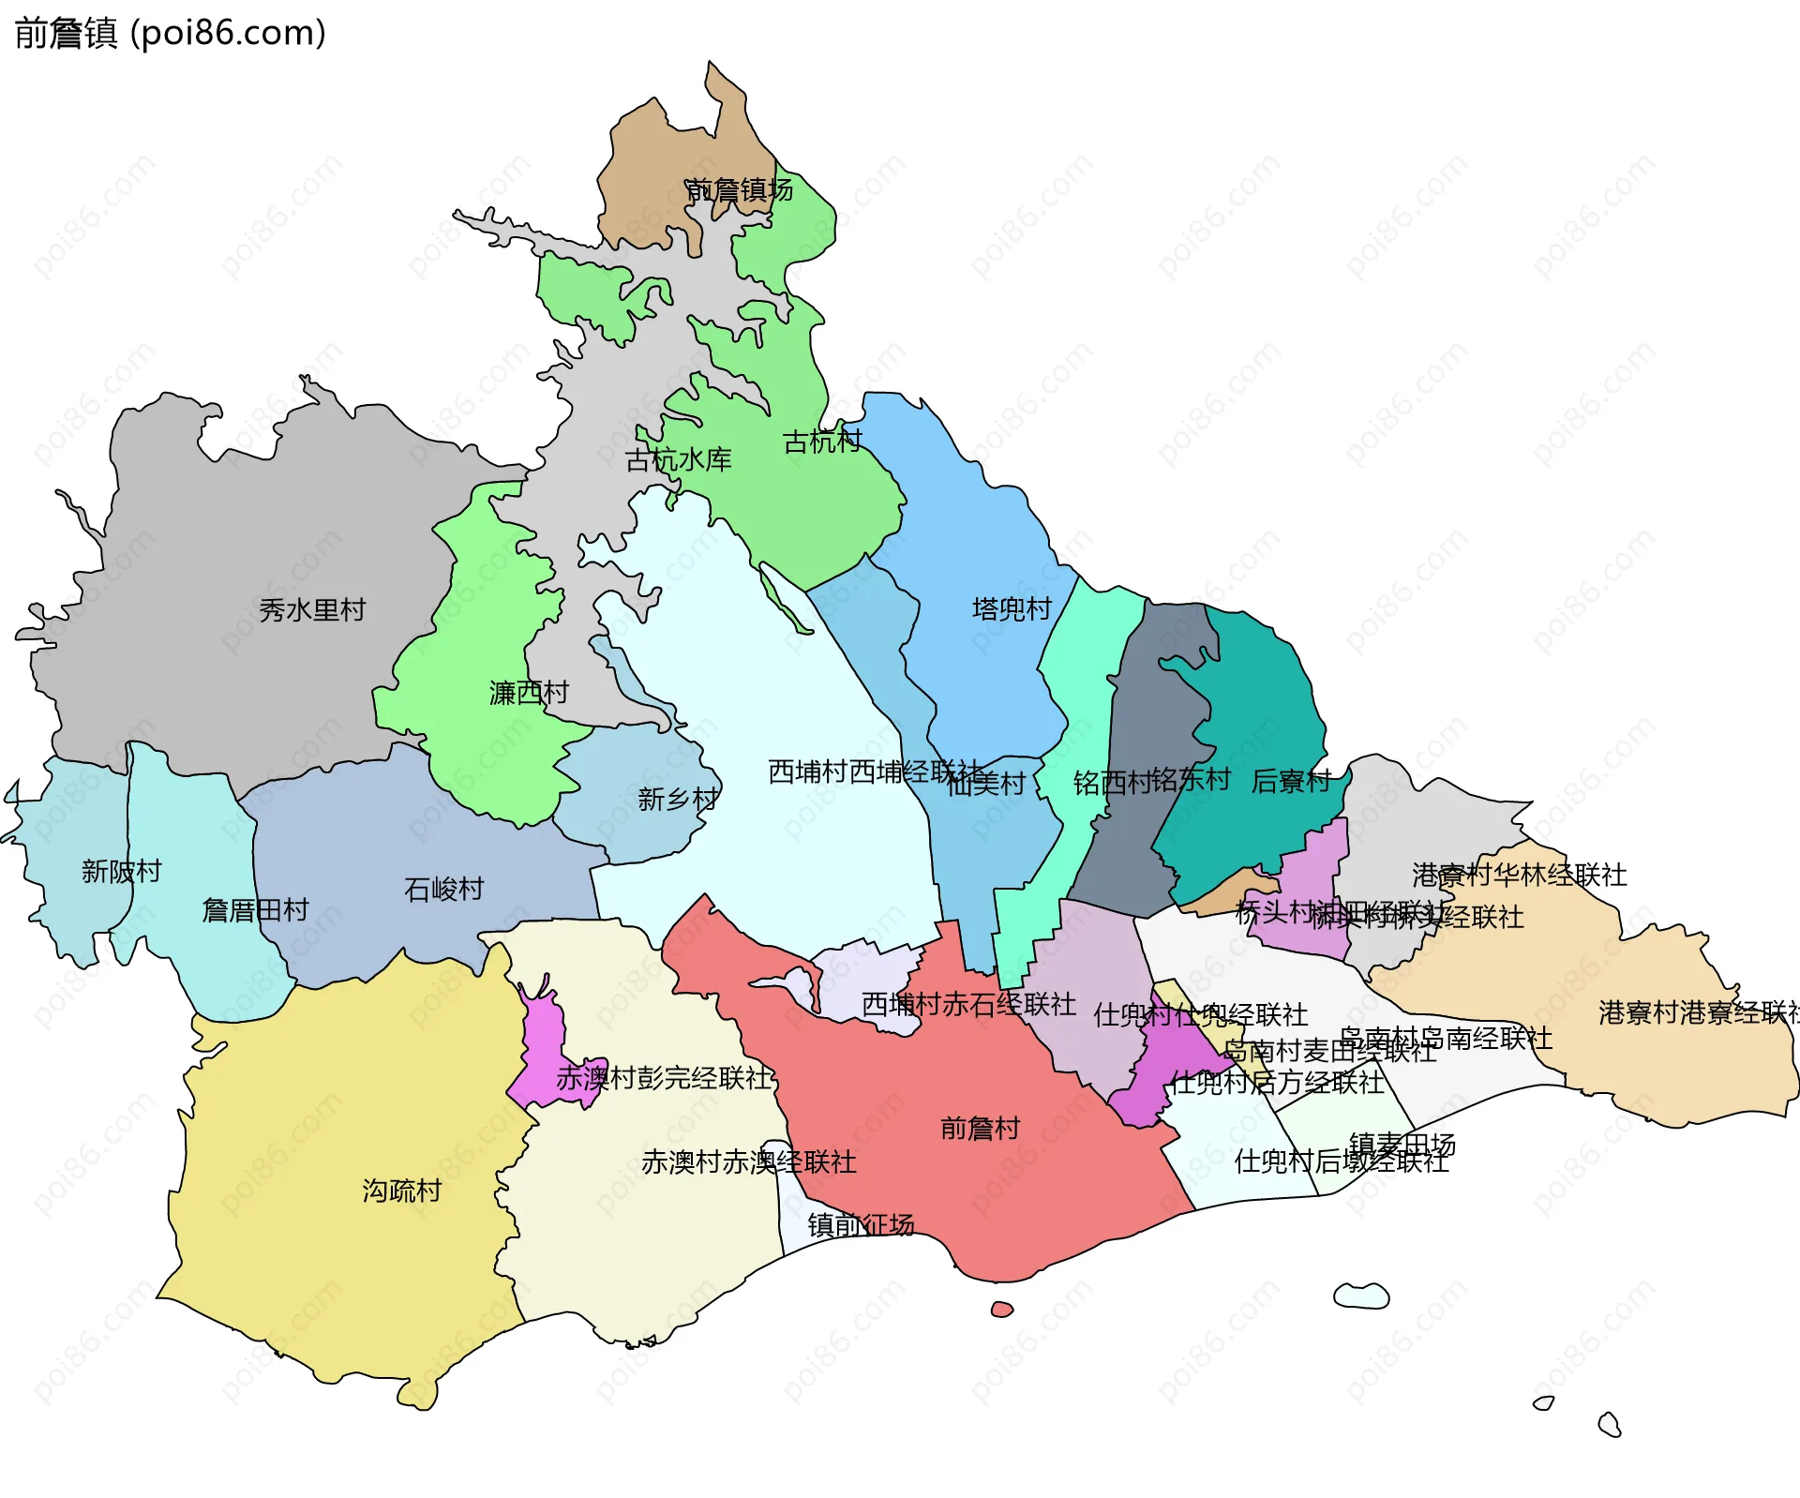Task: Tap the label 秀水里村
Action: [x=312, y=610]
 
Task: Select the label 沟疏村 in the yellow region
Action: [x=401, y=1191]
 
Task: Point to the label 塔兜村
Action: [x=1012, y=609]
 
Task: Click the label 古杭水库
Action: [x=678, y=460]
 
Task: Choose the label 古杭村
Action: [x=822, y=442]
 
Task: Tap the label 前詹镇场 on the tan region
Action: [x=739, y=190]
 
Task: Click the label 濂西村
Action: [x=529, y=693]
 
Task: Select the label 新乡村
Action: [x=678, y=800]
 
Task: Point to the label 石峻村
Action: [x=443, y=889]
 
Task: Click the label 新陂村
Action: [x=121, y=872]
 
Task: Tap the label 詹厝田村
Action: [x=255, y=910]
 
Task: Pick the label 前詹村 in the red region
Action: [x=980, y=1128]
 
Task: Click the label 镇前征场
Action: [x=861, y=1225]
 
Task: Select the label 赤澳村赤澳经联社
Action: [x=748, y=1162]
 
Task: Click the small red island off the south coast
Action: [x=1001, y=1310]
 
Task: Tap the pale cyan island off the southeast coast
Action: [x=1361, y=1296]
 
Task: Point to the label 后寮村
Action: [x=1291, y=781]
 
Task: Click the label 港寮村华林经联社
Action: [x=1519, y=876]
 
